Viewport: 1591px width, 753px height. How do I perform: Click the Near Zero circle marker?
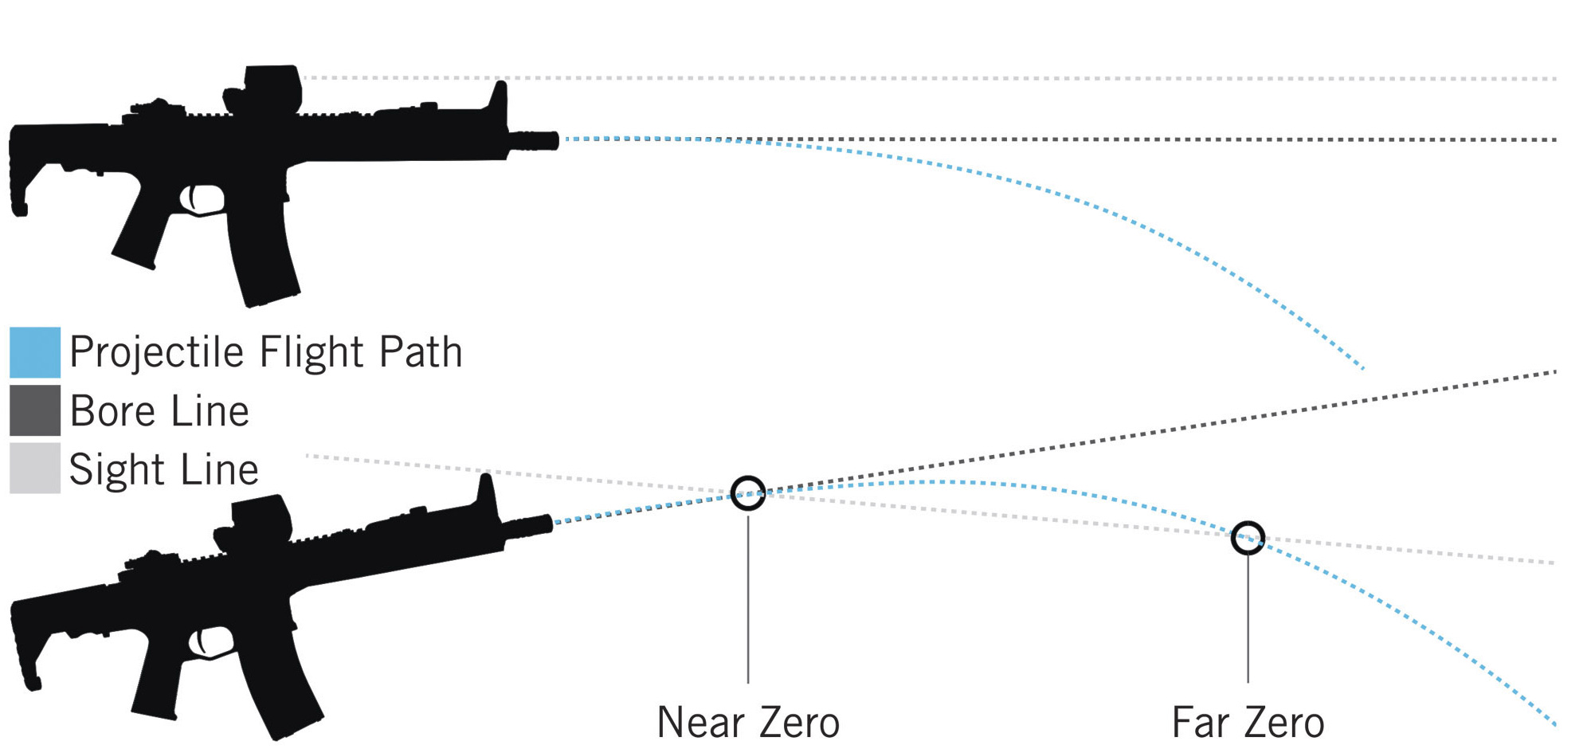click(x=748, y=493)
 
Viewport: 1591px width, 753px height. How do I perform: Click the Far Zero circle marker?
click(x=1248, y=538)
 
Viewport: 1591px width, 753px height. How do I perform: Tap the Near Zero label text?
click(x=747, y=722)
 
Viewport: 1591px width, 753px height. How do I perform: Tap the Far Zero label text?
click(x=1248, y=722)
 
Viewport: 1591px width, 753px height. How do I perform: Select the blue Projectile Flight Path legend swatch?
click(x=35, y=352)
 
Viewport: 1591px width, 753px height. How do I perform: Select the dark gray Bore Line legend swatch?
click(x=35, y=410)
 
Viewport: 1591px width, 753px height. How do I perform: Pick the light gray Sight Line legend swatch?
click(x=35, y=469)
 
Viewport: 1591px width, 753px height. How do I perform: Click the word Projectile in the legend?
click(x=155, y=352)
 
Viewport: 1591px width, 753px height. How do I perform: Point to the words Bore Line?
click(x=159, y=411)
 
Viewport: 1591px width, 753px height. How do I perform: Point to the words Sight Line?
click(x=163, y=469)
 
